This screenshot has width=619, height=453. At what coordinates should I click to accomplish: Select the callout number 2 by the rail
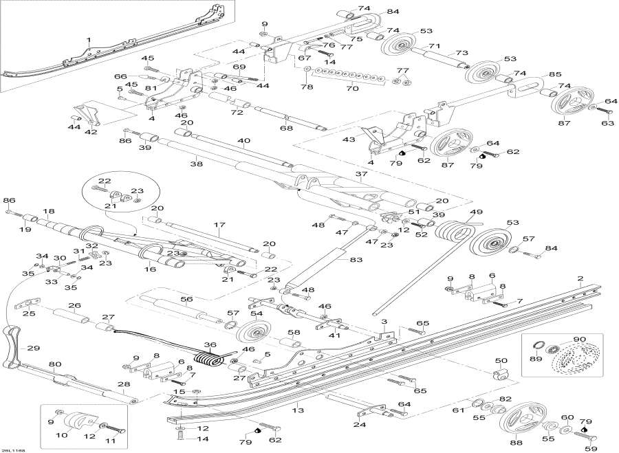(x=580, y=278)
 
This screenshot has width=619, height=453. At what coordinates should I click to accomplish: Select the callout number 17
(x=219, y=224)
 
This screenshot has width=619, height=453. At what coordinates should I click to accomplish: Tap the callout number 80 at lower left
(x=56, y=364)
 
